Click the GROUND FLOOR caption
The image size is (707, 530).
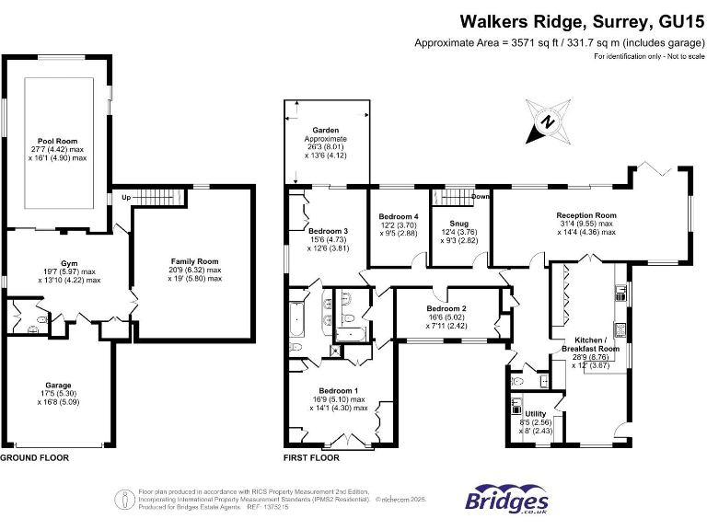(34, 457)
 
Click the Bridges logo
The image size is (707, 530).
(507, 499)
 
